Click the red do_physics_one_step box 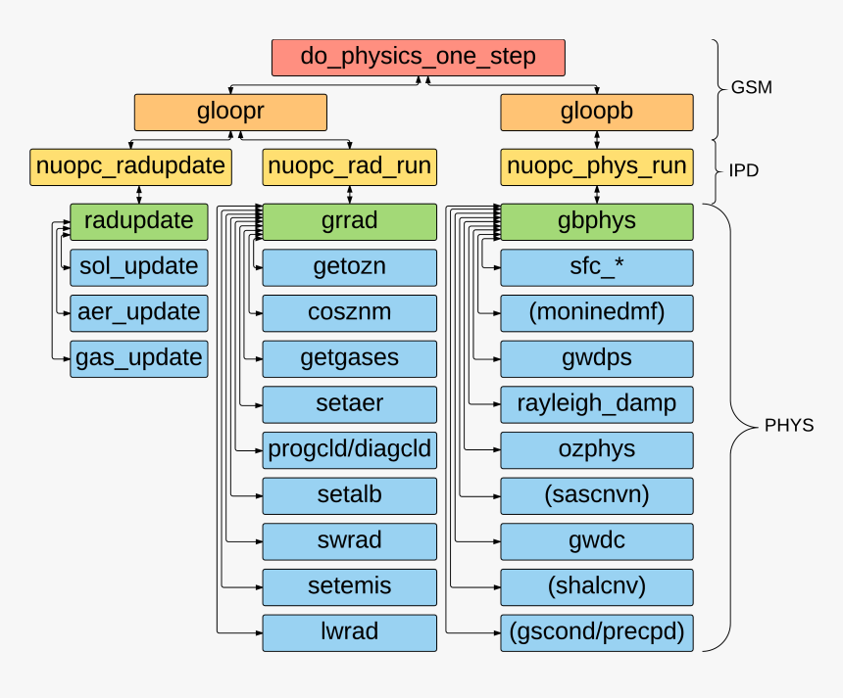pos(419,58)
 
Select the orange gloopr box pos(230,113)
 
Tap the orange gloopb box pos(597,113)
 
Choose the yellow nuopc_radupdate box pos(131,167)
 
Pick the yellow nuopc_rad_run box pos(349,167)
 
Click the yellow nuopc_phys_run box pos(597,167)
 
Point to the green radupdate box pos(139,221)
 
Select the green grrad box pos(349,221)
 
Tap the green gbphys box pos(597,221)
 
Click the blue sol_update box pos(139,267)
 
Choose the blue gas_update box pos(139,358)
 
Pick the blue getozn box pos(349,267)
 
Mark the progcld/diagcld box pos(349,450)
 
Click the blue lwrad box pos(349,632)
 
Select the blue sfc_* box pos(597,267)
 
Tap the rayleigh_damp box pos(597,404)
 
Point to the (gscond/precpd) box pos(597,632)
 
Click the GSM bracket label pos(752,87)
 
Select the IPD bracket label pos(744,170)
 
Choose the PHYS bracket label pos(789,427)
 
